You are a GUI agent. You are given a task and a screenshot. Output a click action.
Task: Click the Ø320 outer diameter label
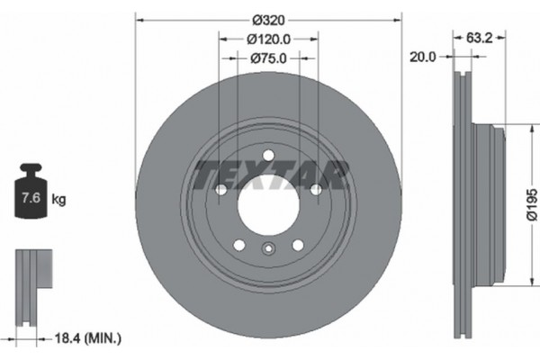click(267, 19)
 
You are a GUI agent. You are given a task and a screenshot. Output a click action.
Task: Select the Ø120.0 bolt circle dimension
click(267, 40)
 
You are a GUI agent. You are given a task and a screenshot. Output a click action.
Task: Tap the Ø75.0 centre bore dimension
click(267, 59)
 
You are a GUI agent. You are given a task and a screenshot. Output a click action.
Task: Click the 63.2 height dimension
click(481, 40)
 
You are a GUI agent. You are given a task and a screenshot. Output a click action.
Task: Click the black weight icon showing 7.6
click(31, 194)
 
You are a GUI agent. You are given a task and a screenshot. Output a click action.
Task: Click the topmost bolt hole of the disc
click(267, 157)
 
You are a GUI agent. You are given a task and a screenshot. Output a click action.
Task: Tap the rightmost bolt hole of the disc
click(316, 190)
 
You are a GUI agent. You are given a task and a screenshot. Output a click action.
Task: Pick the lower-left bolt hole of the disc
click(238, 246)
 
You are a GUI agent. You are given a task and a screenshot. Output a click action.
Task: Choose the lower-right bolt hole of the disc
click(297, 246)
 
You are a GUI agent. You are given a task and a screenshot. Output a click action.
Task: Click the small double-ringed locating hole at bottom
click(267, 251)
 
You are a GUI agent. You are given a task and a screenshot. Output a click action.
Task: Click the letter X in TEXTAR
click(250, 172)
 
